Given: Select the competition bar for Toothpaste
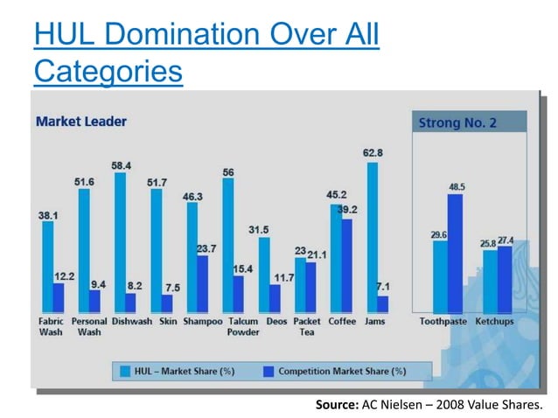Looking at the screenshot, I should click(x=455, y=254).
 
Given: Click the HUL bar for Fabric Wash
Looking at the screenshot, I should click(x=48, y=267).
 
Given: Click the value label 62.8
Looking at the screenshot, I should click(x=373, y=154).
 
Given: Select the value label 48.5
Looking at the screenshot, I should click(x=456, y=186).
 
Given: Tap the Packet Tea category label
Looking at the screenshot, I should click(x=307, y=327).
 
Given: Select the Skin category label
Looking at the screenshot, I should click(x=166, y=322).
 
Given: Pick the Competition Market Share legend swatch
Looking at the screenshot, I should click(x=267, y=371).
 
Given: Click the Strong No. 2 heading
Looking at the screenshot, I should click(x=457, y=122).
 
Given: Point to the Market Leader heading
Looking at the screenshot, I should click(x=80, y=122).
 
